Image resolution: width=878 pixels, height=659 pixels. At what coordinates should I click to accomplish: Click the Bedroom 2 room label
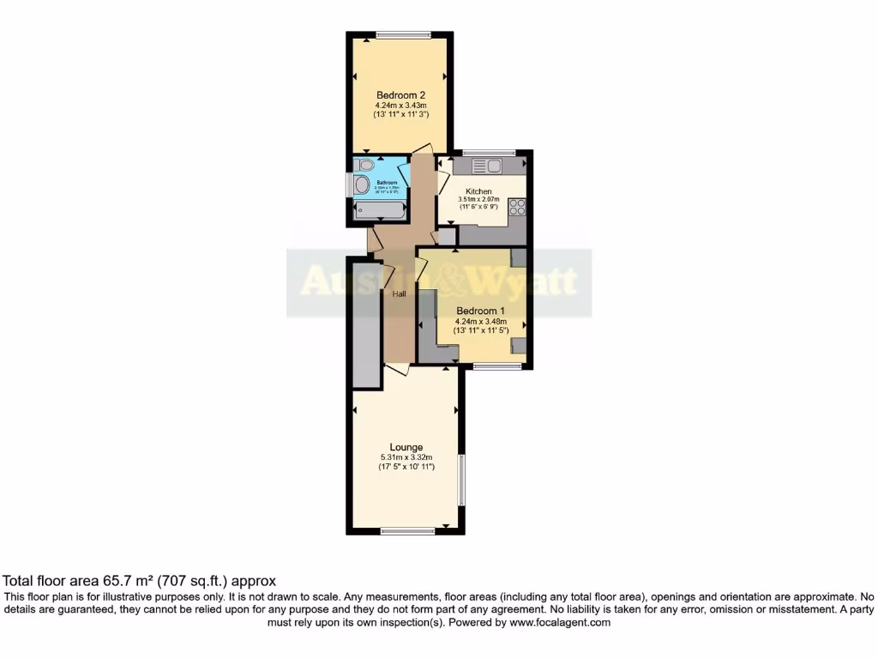pyautogui.click(x=400, y=95)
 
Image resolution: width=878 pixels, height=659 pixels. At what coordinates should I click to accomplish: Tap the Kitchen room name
pyautogui.click(x=478, y=191)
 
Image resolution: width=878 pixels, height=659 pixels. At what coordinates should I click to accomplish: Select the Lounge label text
pyautogui.click(x=406, y=447)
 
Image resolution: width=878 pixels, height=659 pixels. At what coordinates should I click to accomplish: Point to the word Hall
pyautogui.click(x=400, y=294)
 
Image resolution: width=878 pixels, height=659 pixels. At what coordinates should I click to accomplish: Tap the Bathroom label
pyautogui.click(x=388, y=182)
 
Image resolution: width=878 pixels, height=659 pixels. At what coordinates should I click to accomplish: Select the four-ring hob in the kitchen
pyautogui.click(x=517, y=206)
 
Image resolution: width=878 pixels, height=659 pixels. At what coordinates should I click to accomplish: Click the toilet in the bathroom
pyautogui.click(x=364, y=164)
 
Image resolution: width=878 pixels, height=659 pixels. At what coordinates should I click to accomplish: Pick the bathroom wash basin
pyautogui.click(x=362, y=184)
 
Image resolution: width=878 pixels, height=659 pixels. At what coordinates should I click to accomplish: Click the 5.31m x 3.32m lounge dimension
pyautogui.click(x=406, y=457)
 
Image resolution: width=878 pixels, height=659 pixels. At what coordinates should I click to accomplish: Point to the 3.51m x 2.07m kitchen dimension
pyautogui.click(x=478, y=200)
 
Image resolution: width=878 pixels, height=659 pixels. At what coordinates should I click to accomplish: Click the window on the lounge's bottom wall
pyautogui.click(x=407, y=531)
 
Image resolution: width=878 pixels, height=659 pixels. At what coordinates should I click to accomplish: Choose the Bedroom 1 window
pyautogui.click(x=497, y=366)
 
